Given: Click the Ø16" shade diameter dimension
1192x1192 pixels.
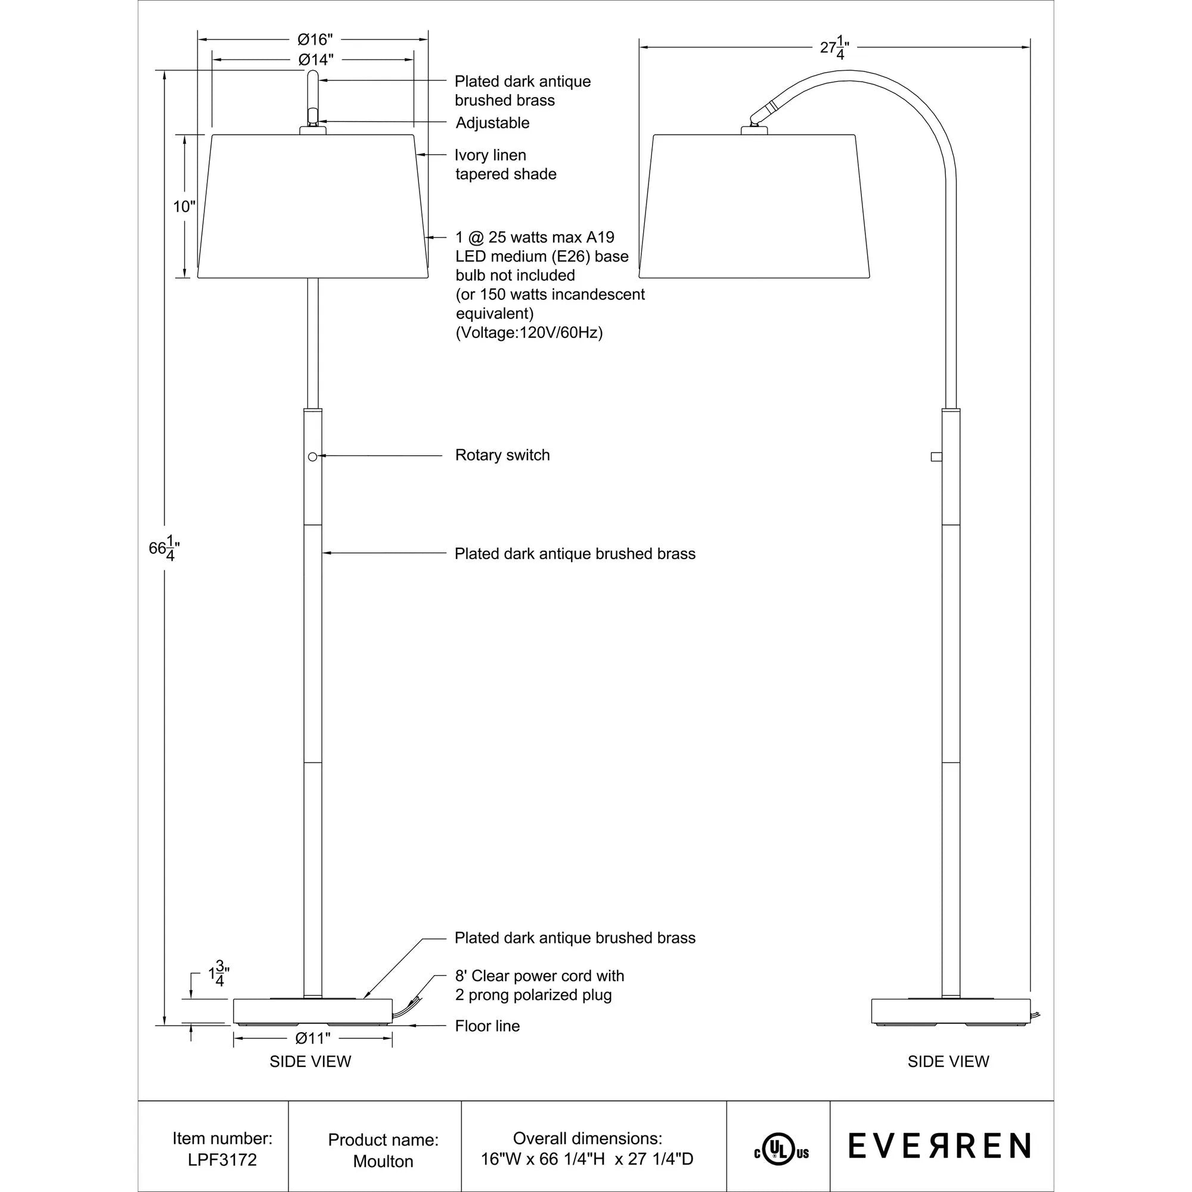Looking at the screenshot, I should pyautogui.click(x=315, y=40).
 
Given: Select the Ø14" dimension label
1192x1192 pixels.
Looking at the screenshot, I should pyautogui.click(x=316, y=60).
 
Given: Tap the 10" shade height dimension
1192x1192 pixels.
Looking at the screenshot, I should pyautogui.click(x=183, y=206).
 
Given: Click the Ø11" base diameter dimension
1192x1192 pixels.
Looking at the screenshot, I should pyautogui.click(x=313, y=1038).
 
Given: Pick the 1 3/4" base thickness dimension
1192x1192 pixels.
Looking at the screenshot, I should pyautogui.click(x=218, y=976).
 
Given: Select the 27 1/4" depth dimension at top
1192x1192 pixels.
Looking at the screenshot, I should pyautogui.click(x=834, y=48).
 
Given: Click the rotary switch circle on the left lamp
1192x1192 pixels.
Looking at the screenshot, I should pyautogui.click(x=312, y=456).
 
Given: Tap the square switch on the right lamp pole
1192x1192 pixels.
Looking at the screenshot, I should pyautogui.click(x=936, y=457).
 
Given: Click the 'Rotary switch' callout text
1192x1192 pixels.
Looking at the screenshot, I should pyautogui.click(x=502, y=455).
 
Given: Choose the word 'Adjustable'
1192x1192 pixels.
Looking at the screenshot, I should pyautogui.click(x=492, y=123).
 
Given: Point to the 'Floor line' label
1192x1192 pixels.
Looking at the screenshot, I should pyautogui.click(x=488, y=1026).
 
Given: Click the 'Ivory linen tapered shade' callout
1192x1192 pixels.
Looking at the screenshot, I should pyautogui.click(x=505, y=164).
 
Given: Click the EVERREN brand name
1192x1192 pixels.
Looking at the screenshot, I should pyautogui.click(x=939, y=1146).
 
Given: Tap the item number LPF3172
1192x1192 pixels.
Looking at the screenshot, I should pyautogui.click(x=222, y=1159).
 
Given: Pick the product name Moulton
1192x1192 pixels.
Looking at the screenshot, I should pyautogui.click(x=383, y=1161).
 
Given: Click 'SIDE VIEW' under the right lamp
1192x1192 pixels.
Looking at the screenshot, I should pyautogui.click(x=948, y=1061).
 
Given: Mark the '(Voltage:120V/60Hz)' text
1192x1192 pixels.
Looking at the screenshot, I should pyautogui.click(x=529, y=333).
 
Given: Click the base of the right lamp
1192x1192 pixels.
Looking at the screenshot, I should pyautogui.click(x=951, y=1010).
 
